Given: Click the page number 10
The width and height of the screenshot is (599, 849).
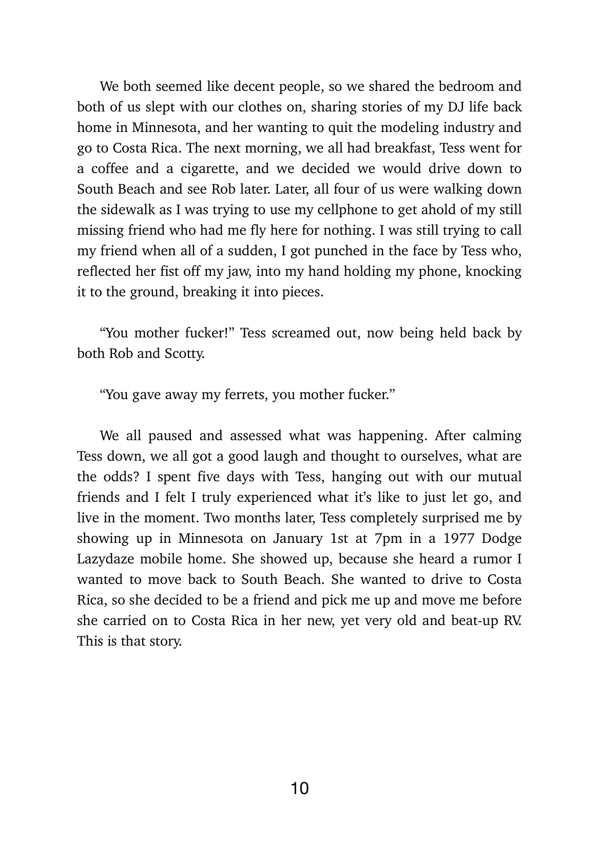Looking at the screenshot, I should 300,788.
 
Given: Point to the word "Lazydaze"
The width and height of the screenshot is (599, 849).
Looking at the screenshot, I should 107,559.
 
